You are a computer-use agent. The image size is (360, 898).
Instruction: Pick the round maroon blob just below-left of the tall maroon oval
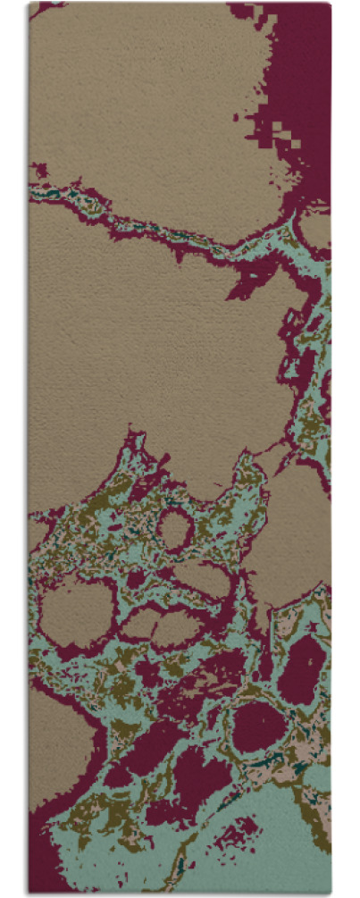(x=259, y=724)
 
